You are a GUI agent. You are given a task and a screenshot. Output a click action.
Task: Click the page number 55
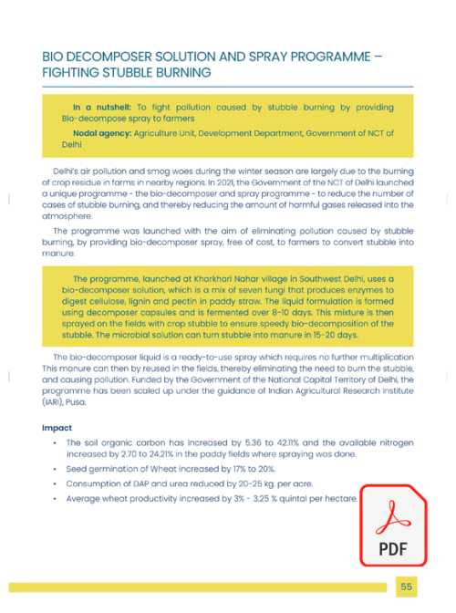406,587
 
